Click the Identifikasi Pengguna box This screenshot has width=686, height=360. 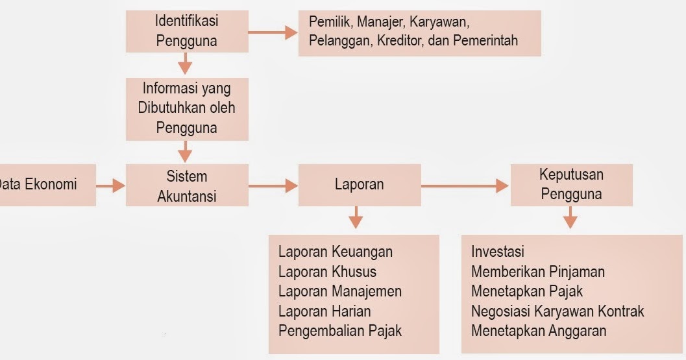tap(186, 31)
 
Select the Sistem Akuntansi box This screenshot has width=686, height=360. tap(186, 186)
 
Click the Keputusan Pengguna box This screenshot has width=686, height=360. tap(570, 184)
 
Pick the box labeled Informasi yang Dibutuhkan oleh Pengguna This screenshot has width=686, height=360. tap(186, 107)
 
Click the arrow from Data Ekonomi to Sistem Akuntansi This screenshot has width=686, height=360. tap(110, 186)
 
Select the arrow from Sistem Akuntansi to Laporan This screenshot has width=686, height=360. tap(273, 186)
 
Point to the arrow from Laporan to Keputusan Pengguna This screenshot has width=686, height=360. tap(465, 186)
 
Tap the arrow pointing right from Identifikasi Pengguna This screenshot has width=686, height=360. tap(273, 32)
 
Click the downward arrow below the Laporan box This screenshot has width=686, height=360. tap(355, 217)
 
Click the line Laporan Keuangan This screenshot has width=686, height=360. tap(336, 252)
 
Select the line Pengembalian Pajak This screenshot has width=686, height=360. tap(340, 330)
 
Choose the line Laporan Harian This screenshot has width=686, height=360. tap(325, 311)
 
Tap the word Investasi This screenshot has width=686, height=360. tap(497, 252)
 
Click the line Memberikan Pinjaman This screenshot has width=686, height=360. tap(537, 272)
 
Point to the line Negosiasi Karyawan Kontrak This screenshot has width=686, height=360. tap(557, 311)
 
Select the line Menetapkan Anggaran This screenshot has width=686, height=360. tap(539, 331)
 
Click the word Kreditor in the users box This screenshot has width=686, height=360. tap(400, 41)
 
